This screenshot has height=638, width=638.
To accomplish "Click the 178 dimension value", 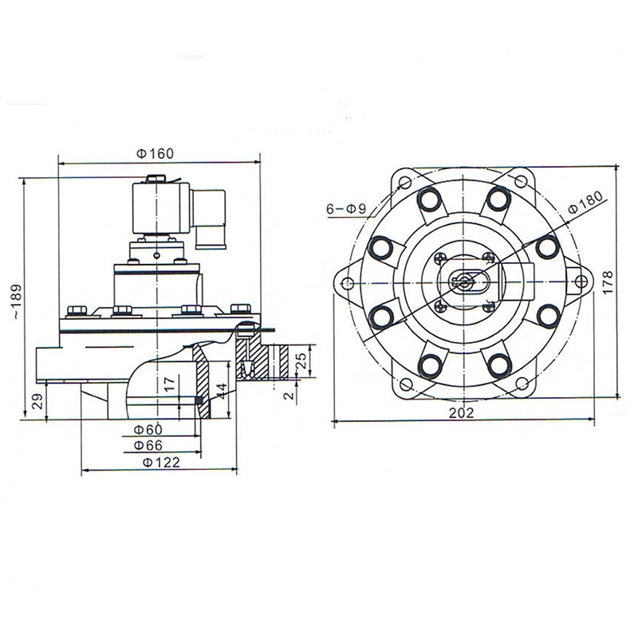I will click(x=608, y=282).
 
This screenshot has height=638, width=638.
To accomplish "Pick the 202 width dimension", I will click(x=461, y=412).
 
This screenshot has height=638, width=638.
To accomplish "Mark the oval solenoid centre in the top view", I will click(x=462, y=281).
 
